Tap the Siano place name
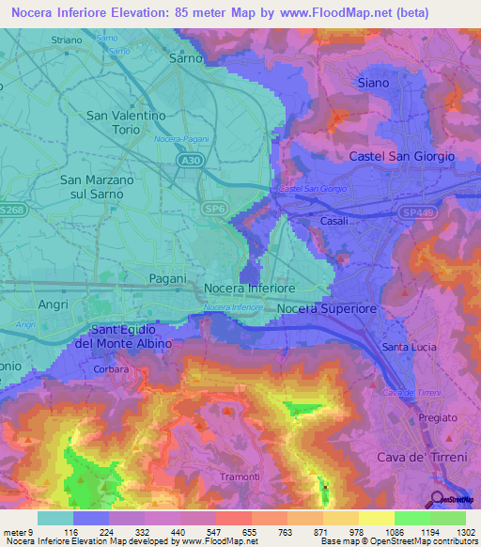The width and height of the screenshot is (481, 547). tap(373, 83)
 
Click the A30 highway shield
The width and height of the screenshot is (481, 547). tap(190, 162)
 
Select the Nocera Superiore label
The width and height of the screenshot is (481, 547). tap(327, 308)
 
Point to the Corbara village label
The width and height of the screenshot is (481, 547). tap(112, 369)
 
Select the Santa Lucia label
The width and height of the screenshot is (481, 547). tap(409, 347)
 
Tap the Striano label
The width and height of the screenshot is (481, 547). tap(67, 40)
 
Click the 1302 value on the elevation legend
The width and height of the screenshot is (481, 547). tap(465, 531)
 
